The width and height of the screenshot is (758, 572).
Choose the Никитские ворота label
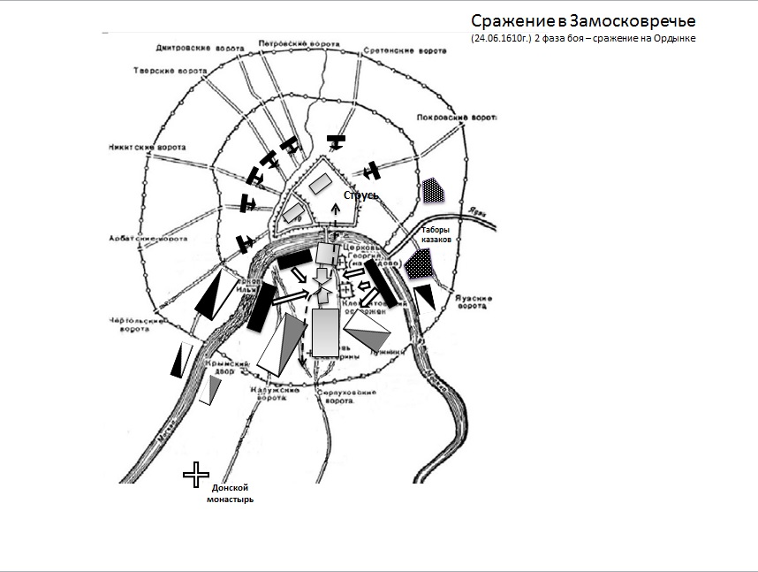click(x=140, y=147)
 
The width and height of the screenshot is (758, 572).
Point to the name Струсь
click(x=360, y=194)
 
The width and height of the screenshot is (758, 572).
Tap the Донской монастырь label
click(x=231, y=493)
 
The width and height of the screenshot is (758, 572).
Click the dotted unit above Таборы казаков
click(x=432, y=190)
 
